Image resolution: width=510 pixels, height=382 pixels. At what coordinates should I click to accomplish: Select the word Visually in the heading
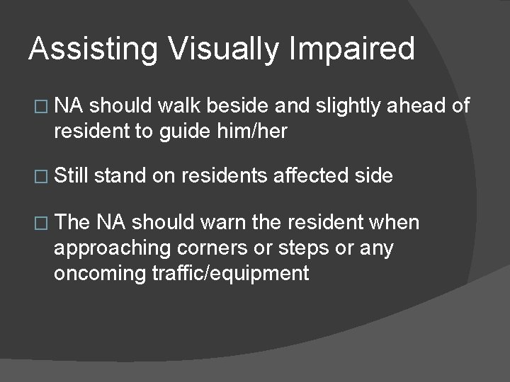coord(216,50)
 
